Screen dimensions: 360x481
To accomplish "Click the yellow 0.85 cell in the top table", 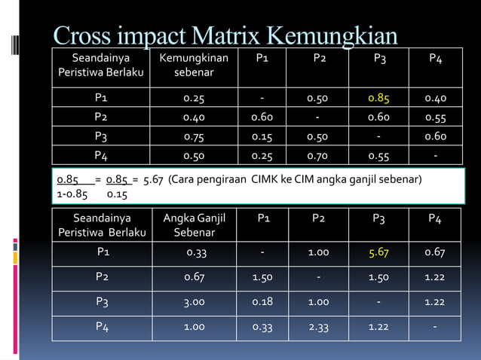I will (378, 98).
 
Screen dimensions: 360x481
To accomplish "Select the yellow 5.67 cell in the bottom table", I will (378, 252).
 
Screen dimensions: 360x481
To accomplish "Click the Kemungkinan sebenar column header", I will (194, 66).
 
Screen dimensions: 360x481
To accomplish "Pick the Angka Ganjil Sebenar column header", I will (194, 225).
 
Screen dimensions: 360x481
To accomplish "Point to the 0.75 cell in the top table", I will (194, 136).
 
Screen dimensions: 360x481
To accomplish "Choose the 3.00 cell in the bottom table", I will (194, 302).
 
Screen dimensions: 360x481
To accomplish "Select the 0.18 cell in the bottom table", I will (262, 302).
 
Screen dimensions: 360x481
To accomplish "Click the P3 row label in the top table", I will (100, 136).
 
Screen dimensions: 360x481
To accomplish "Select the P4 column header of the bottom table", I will (434, 218).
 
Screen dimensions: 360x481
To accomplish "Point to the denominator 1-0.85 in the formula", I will (72, 194).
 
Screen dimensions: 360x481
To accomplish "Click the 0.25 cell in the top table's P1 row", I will (194, 98).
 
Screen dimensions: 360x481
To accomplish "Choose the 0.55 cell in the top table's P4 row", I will (378, 155).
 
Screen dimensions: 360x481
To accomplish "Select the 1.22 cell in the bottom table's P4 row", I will (378, 327).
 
